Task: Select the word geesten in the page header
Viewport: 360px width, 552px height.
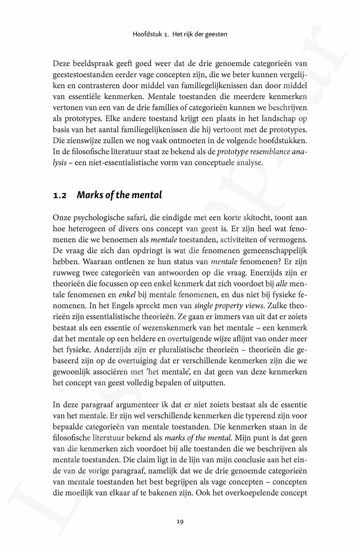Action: click(216, 35)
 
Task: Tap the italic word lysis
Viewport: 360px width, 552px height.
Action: click(59, 162)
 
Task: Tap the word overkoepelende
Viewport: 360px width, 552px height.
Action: click(248, 493)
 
